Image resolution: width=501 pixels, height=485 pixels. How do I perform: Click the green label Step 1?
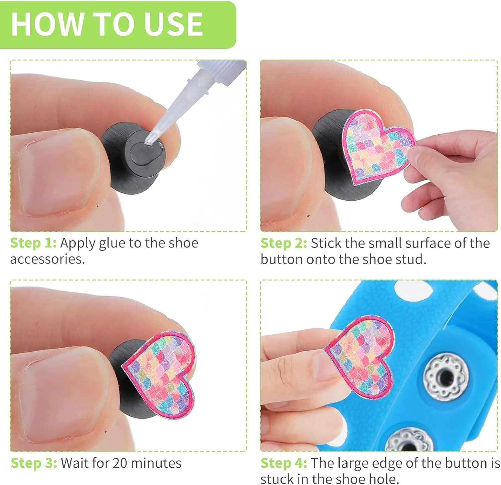(x=33, y=243)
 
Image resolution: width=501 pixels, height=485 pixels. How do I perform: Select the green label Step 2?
(x=284, y=243)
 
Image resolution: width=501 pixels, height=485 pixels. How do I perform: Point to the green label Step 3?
(x=34, y=463)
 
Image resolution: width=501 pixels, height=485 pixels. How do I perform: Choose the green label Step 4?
(x=284, y=463)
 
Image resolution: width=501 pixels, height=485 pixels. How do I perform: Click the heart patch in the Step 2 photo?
(x=378, y=146)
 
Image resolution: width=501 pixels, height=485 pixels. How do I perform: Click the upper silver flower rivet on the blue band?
(x=445, y=378)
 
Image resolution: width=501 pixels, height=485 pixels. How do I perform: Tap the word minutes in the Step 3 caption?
(x=156, y=463)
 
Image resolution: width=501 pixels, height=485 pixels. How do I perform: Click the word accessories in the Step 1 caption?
(x=47, y=259)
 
